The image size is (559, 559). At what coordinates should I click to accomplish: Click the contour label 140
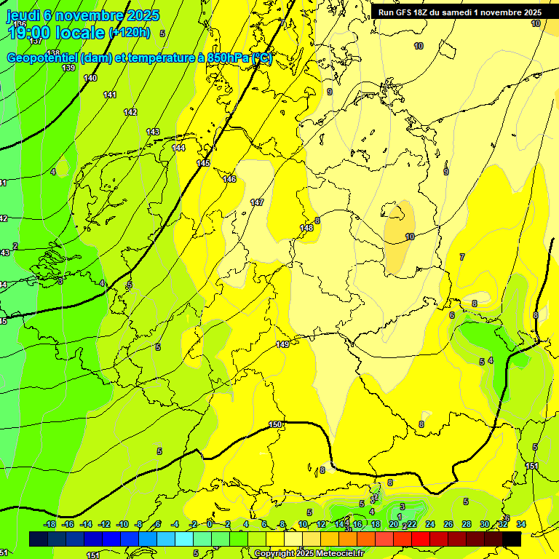[90, 78]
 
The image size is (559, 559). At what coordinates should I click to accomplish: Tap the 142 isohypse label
[130, 112]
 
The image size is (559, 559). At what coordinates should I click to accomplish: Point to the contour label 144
[178, 148]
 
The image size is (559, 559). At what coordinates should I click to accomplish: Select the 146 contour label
[230, 179]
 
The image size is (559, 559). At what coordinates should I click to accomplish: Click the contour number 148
[306, 228]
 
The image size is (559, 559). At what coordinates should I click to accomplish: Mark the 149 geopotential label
[282, 344]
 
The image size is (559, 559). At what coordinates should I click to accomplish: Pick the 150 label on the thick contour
[275, 424]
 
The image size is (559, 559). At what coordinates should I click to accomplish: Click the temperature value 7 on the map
[462, 257]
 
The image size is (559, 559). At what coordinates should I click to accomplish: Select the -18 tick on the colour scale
[49, 524]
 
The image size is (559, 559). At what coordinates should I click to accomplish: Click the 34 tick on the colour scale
[521, 524]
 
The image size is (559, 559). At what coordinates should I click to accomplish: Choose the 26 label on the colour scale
[448, 524]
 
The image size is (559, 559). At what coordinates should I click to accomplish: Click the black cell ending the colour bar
[512, 539]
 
